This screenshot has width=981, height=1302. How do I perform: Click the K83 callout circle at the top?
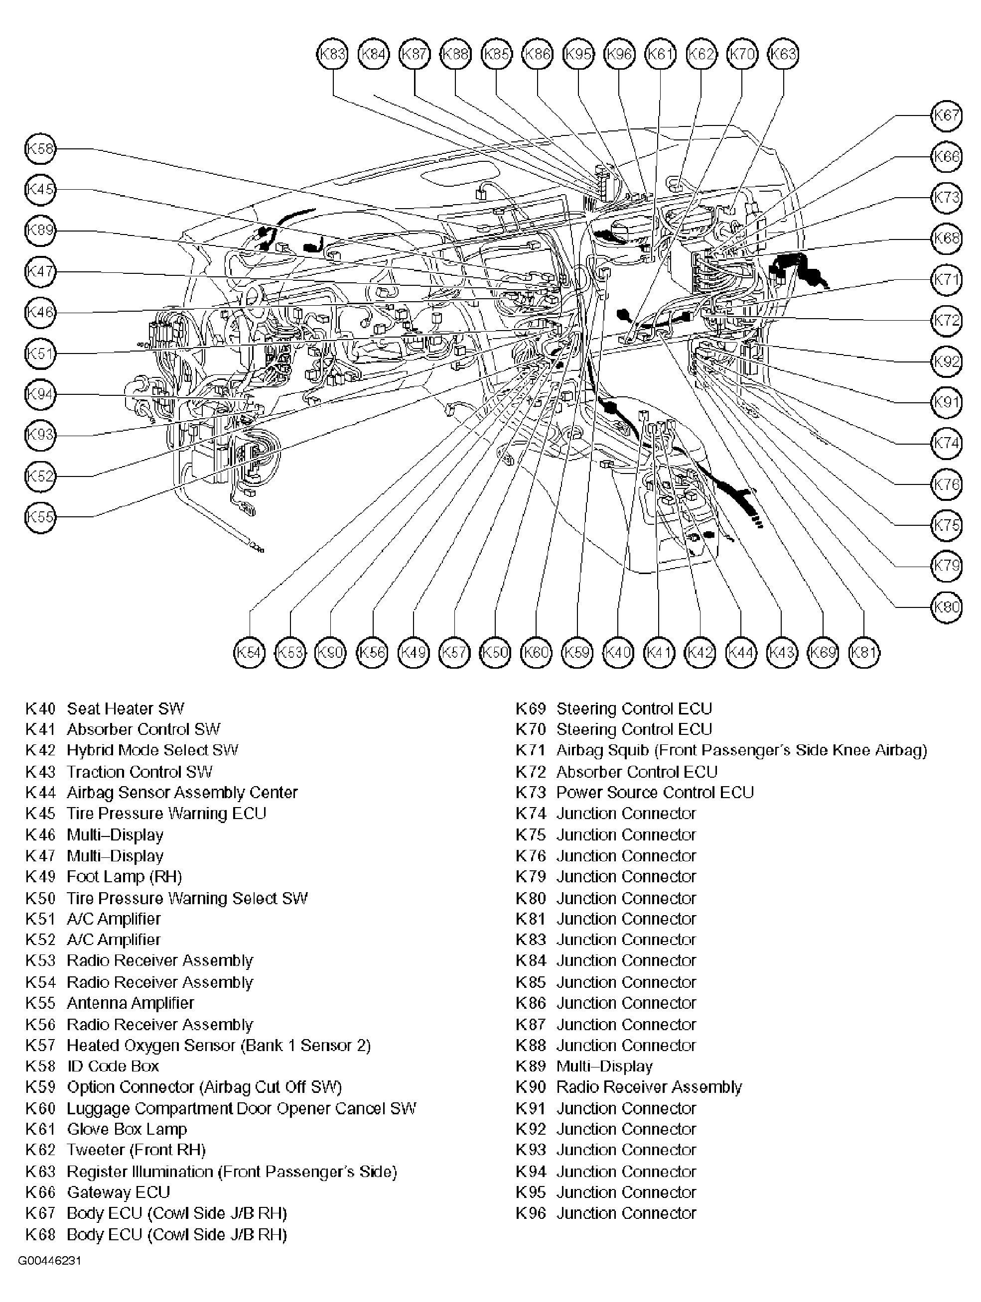click(333, 55)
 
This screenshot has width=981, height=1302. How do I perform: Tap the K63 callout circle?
click(783, 55)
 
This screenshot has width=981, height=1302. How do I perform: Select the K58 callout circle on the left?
click(40, 148)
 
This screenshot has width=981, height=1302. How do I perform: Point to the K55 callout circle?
click(40, 517)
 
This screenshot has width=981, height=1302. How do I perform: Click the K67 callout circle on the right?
click(946, 116)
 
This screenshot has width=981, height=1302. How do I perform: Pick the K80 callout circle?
click(946, 607)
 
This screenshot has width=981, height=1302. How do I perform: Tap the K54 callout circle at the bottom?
click(250, 652)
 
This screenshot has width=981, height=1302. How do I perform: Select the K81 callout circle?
click(864, 652)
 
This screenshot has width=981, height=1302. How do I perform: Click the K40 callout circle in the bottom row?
click(618, 652)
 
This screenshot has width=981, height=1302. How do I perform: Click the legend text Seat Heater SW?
click(125, 709)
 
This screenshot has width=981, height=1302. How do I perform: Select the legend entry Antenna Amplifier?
click(130, 1003)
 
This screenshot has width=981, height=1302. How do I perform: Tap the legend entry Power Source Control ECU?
click(654, 793)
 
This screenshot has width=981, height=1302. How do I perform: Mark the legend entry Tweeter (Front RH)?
click(136, 1150)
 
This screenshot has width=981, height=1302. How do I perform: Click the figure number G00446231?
click(49, 1261)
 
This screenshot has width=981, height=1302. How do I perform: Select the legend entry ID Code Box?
click(113, 1066)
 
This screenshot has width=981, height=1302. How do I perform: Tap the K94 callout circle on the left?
click(40, 394)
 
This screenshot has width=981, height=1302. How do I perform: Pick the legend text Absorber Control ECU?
click(637, 772)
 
